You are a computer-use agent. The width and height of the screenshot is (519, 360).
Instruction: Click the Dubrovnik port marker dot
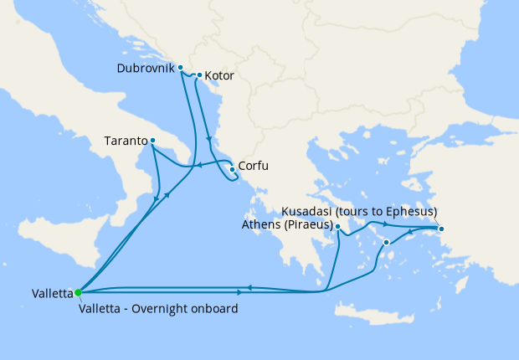pos(180,67)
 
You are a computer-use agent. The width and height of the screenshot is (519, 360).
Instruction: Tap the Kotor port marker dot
pos(199,75)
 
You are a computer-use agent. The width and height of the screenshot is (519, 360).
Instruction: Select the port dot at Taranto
pos(152,141)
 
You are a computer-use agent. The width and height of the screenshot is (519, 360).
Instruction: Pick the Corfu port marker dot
pos(232,168)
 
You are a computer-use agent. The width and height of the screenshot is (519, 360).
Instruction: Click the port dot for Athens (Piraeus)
pos(337,226)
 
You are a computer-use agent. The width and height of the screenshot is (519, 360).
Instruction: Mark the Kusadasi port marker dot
pos(441,229)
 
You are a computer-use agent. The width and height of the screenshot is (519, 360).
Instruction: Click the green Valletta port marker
pos(78,292)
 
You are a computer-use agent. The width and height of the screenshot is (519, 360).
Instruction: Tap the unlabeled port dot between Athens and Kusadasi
pos(386,243)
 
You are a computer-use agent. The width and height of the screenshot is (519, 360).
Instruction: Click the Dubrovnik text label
pos(146,67)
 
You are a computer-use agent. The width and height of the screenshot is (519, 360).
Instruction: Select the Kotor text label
pos(218,76)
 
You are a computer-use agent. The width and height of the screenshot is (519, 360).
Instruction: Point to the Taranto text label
pos(126,141)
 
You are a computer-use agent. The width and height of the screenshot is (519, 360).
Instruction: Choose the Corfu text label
pos(254,167)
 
